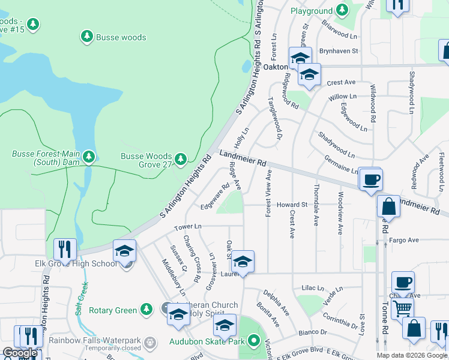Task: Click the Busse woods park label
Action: (x=121, y=37)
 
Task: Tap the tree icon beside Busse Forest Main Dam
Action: (x=89, y=157)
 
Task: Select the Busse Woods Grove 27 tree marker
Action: (x=181, y=159)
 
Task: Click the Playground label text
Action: (x=312, y=11)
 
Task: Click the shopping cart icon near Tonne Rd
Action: (x=402, y=308)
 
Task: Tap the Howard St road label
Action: (x=292, y=205)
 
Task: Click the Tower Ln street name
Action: (x=188, y=227)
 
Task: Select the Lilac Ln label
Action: (x=313, y=288)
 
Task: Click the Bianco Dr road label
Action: (x=315, y=331)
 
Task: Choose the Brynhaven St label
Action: (x=338, y=52)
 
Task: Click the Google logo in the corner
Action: (x=19, y=353)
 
